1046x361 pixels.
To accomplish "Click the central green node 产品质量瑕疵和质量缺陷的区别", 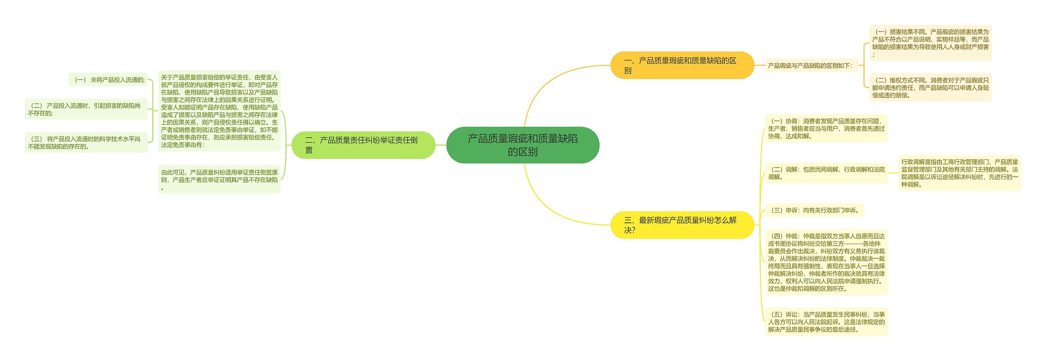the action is [x=523, y=145].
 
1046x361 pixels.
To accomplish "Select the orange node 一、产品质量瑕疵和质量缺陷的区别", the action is [x=682, y=65].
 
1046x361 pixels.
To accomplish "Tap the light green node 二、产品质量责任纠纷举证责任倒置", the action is [x=363, y=145].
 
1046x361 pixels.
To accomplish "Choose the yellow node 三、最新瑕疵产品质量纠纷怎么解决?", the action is [x=682, y=225].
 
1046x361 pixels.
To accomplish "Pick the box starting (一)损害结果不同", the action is [x=930, y=43].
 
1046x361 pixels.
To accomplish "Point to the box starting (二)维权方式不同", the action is [x=930, y=88].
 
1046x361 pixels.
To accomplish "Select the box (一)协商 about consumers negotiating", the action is [x=826, y=128].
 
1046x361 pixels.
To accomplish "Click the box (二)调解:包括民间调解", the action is [x=826, y=173].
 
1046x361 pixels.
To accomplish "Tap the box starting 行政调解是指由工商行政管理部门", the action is [x=959, y=173].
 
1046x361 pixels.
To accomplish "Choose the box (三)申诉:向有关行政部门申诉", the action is [x=814, y=210].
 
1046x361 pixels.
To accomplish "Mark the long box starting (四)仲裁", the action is [x=826, y=262].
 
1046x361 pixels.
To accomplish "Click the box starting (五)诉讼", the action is [x=826, y=322].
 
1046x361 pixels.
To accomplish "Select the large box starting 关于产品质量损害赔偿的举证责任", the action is [x=219, y=111].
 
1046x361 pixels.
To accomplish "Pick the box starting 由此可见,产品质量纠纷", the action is [x=219, y=179].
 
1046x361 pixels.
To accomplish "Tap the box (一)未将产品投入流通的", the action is [x=108, y=80].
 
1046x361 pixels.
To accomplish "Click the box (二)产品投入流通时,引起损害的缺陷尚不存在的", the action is [x=86, y=109].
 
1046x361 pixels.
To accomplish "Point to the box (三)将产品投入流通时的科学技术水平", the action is [x=86, y=143].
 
